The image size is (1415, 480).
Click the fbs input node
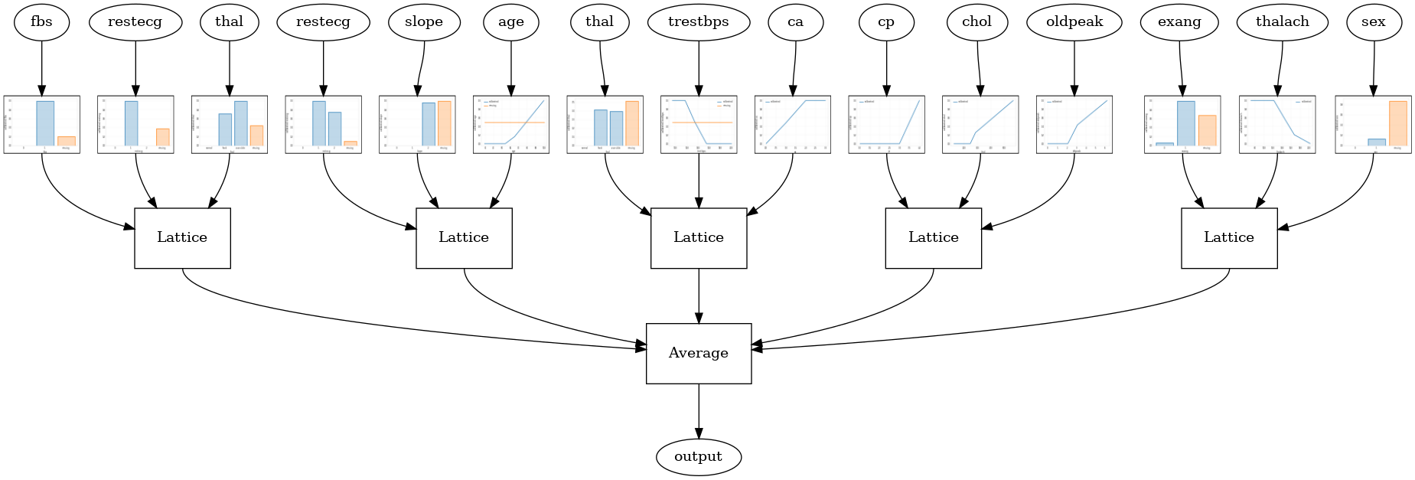pos(41,22)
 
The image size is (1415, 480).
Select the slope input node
pos(424,22)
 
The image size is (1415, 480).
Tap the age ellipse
pos(511,22)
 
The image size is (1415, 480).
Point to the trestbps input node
pos(698,22)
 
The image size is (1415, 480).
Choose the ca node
pos(796,22)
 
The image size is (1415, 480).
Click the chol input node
pos(976,22)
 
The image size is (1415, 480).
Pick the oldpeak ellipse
pos(1074,22)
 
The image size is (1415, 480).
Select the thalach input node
pos(1282,22)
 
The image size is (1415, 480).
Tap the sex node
pos(1374,22)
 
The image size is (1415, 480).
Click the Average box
pos(698,353)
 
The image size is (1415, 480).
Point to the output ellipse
pos(698,457)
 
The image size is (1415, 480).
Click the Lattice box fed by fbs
pos(182,238)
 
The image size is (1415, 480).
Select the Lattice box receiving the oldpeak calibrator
pos(933,238)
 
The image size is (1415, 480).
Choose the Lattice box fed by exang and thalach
pos(1228,238)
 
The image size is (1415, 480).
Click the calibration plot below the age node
pos(511,124)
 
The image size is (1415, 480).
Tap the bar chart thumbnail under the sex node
pos(1373,124)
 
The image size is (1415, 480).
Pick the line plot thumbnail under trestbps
pos(698,124)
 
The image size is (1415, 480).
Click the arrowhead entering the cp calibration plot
pos(886,90)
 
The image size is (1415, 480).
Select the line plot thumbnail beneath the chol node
pos(980,124)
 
